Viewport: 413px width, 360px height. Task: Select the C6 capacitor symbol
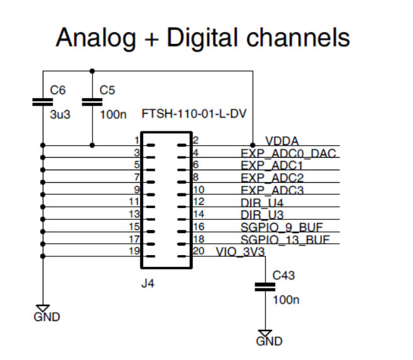pyautogui.click(x=42, y=101)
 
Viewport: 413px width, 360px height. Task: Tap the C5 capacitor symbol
pyautogui.click(x=92, y=101)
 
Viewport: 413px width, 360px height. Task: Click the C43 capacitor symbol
pyautogui.click(x=265, y=286)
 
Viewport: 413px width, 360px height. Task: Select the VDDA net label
pyautogui.click(x=282, y=141)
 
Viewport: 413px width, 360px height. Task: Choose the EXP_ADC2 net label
pyautogui.click(x=272, y=178)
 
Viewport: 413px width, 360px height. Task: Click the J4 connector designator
pyautogui.click(x=147, y=284)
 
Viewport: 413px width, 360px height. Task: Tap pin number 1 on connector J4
pyautogui.click(x=136, y=140)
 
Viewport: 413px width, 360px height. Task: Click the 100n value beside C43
pyautogui.click(x=286, y=300)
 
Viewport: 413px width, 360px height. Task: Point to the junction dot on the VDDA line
pyautogui.click(x=253, y=145)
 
